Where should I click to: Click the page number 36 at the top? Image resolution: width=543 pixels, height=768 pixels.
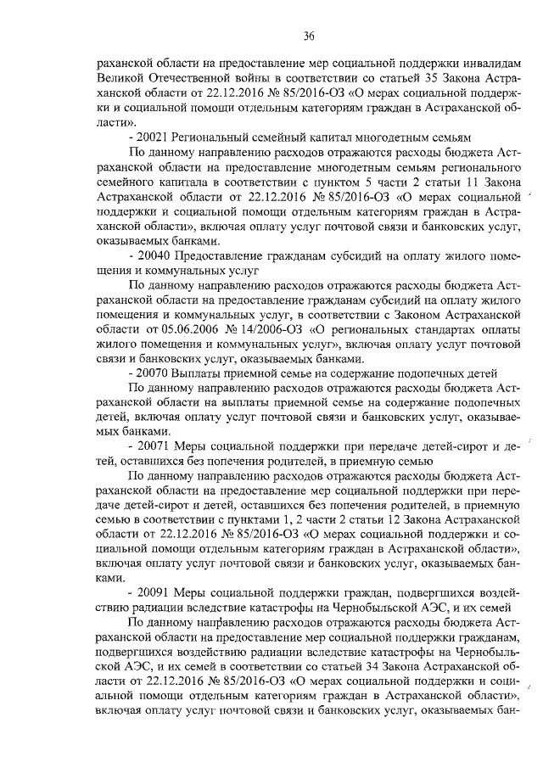tap(310, 35)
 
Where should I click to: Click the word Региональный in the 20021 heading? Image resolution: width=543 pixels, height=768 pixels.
tap(212, 137)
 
